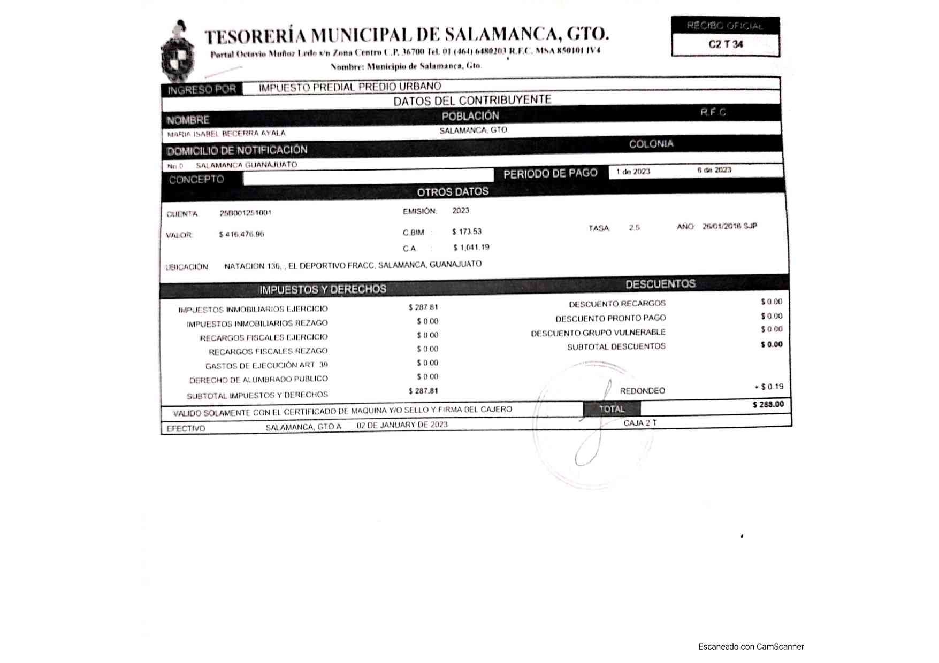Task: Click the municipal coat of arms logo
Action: (179, 52)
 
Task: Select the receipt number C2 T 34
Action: (726, 44)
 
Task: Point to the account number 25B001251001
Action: (246, 213)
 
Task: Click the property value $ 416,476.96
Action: (241, 234)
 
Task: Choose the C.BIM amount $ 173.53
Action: (467, 232)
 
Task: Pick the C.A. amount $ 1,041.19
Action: (471, 248)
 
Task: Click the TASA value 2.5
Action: (634, 228)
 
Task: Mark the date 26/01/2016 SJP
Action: (730, 226)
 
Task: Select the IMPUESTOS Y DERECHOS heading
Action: (323, 290)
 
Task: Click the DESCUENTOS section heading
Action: (660, 284)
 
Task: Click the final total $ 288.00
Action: (768, 405)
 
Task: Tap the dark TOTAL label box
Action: (612, 409)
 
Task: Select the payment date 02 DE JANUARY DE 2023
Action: (402, 425)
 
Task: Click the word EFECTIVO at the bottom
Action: (186, 429)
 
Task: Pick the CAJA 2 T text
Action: (640, 423)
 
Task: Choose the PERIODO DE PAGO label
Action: (550, 174)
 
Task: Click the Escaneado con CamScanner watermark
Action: (751, 647)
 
